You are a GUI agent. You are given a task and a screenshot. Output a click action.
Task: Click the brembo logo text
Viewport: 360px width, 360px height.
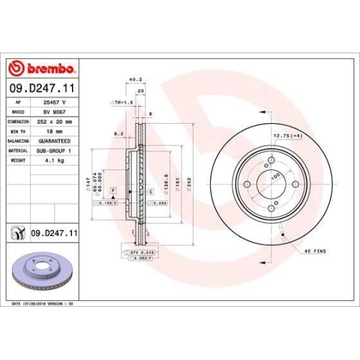point(48,69)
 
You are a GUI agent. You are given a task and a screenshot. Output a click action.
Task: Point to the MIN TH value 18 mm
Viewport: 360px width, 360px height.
point(45,131)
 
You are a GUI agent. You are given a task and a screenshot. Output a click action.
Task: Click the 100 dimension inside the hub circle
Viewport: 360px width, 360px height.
point(274,175)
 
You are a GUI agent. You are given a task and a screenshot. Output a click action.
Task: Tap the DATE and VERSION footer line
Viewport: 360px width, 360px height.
point(43,305)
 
